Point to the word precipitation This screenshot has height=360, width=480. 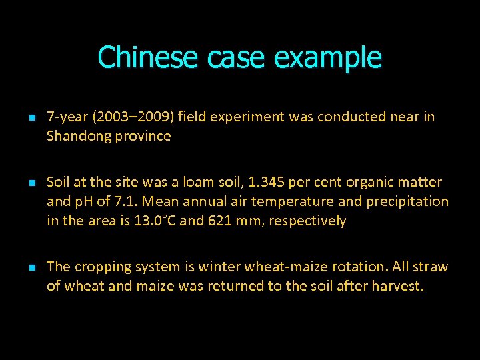pyautogui.click(x=408, y=201)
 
